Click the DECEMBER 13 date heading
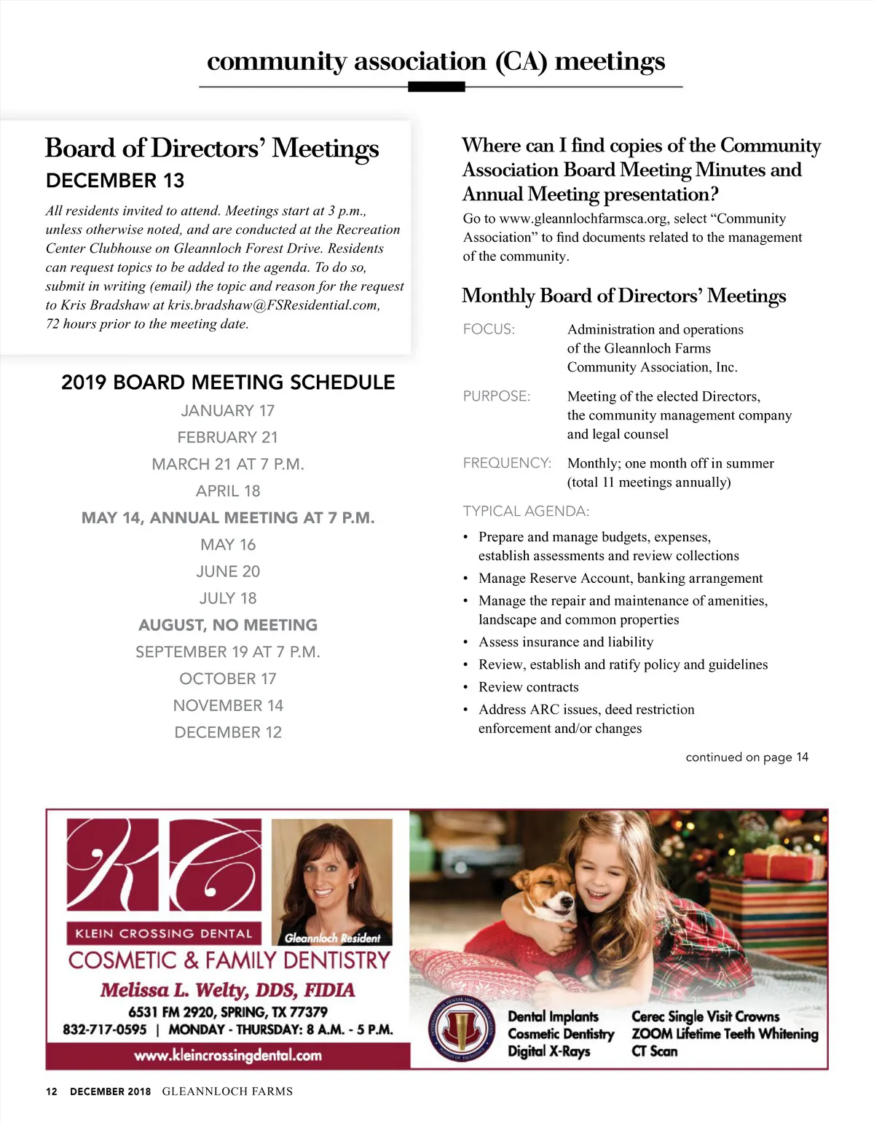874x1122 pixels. click(x=115, y=181)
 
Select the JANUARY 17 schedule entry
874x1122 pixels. click(x=228, y=411)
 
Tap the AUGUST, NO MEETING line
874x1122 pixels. click(x=228, y=625)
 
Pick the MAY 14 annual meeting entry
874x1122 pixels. click(x=228, y=518)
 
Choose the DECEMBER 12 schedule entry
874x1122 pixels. click(x=228, y=732)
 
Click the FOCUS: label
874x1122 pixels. click(x=489, y=329)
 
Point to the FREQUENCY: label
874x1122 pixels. click(x=507, y=463)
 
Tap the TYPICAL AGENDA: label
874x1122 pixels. click(x=526, y=511)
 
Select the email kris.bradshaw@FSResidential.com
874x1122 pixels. click(x=274, y=305)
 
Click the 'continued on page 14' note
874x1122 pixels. click(x=747, y=757)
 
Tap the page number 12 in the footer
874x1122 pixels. click(x=51, y=1091)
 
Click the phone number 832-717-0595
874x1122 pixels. click(x=105, y=1029)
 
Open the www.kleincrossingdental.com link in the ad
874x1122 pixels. click(x=228, y=1055)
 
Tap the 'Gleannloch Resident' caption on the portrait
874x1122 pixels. click(x=332, y=938)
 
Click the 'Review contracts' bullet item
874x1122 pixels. click(x=528, y=687)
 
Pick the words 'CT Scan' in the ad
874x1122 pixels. click(x=654, y=1051)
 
